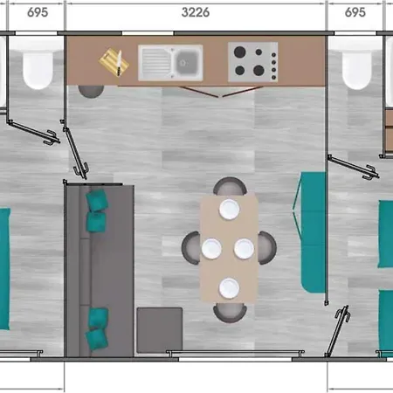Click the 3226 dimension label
click(x=196, y=12)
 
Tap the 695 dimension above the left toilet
click(x=38, y=12)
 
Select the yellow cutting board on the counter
click(x=114, y=62)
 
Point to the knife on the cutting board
click(x=119, y=63)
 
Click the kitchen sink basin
click(x=186, y=62)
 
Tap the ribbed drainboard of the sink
click(x=156, y=62)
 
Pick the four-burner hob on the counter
click(x=252, y=62)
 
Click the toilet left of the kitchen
click(x=38, y=70)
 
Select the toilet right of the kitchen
click(x=357, y=70)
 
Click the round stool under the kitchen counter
click(x=91, y=91)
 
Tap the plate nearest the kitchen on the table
click(x=230, y=210)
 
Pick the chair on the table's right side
click(x=267, y=248)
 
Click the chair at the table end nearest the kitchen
click(x=230, y=186)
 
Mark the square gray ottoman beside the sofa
click(x=160, y=330)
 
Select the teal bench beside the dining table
click(x=313, y=232)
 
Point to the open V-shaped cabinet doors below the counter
click(x=220, y=92)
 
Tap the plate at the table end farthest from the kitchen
click(x=230, y=288)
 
